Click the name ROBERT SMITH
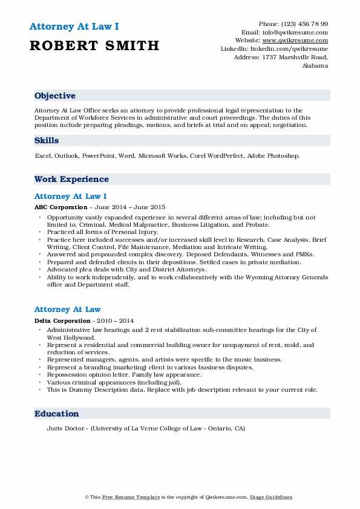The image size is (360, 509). (94, 46)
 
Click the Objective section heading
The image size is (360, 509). (55, 96)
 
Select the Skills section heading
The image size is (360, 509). (47, 140)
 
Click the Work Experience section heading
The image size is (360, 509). (71, 179)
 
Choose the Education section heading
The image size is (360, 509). (57, 413)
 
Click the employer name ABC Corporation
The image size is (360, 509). (59, 206)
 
